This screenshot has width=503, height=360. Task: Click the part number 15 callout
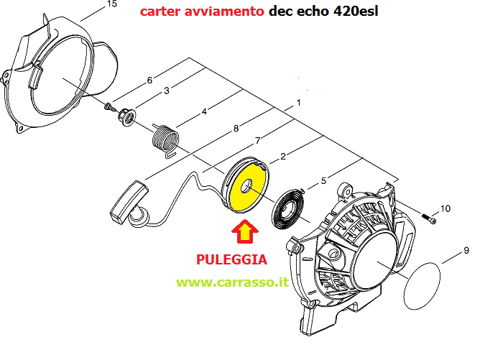coord(111,4)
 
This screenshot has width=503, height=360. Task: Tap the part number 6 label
coord(149,80)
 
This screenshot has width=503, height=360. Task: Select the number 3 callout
coord(167,91)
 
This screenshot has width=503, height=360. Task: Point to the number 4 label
coord(204,111)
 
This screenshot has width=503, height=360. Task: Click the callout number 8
coord(236,129)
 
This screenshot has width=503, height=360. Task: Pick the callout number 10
coord(445,209)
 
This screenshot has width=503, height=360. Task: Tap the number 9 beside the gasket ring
coord(466,250)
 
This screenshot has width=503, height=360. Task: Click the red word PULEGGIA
coord(231,259)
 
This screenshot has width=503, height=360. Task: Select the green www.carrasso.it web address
coord(233,282)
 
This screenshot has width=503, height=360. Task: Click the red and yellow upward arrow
coord(245,231)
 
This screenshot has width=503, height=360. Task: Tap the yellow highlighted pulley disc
coord(246,185)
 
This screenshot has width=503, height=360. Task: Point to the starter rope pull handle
coord(129,202)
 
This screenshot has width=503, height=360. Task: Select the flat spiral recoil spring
coord(287,209)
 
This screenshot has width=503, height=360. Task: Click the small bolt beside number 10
coord(428,218)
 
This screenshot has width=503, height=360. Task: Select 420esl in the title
coord(356,11)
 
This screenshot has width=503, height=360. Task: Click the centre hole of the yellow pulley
coord(247,186)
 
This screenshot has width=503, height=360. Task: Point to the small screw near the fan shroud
coord(110,107)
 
